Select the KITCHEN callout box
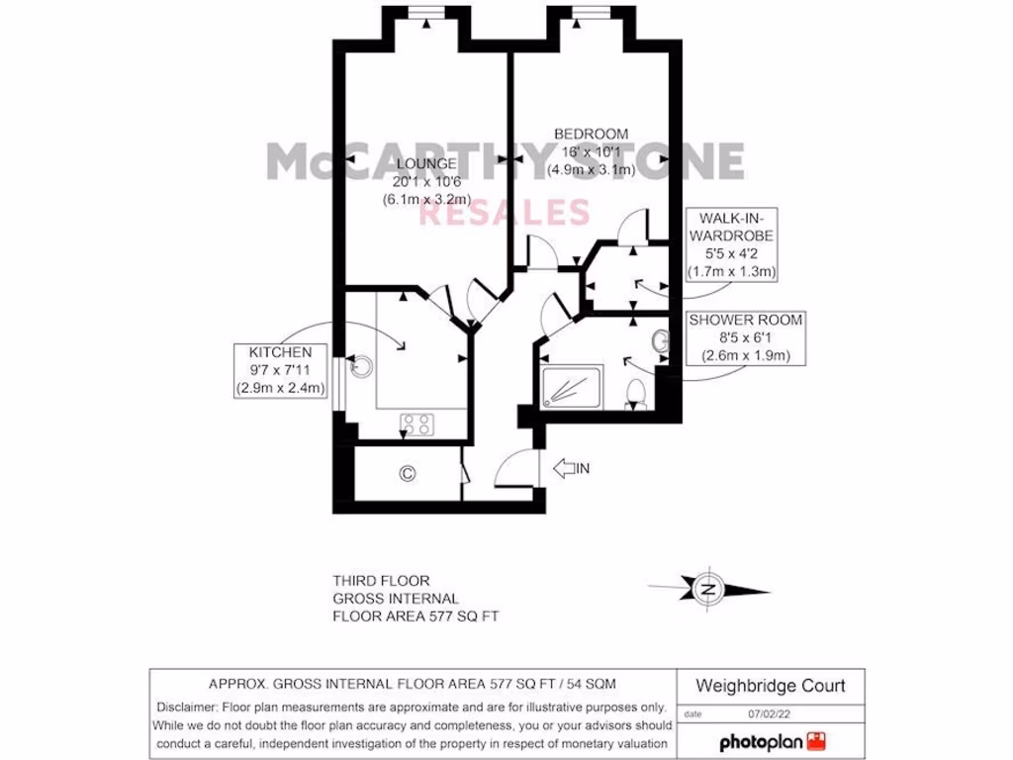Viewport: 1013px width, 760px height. pos(281,370)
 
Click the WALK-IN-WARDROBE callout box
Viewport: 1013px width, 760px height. pos(733,243)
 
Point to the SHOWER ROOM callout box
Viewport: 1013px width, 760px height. pos(746,337)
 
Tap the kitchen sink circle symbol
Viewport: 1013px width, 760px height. pos(363,366)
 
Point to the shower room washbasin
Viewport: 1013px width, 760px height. pos(660,342)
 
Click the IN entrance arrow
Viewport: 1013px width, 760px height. pos(572,468)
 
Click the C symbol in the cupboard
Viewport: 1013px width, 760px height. pos(406,474)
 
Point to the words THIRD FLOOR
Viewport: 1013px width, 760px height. pos(381,581)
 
